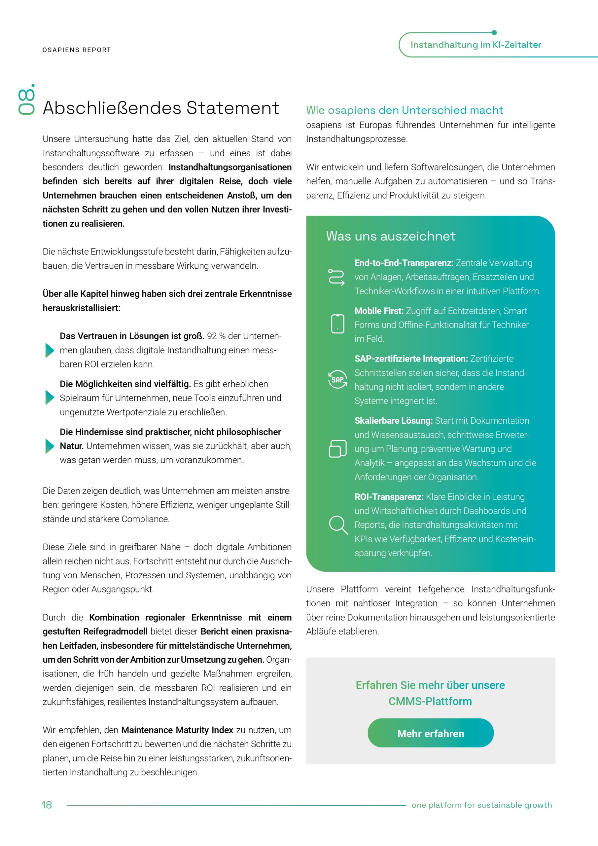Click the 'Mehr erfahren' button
(431, 733)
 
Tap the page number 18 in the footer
(47, 805)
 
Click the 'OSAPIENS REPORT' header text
(77, 50)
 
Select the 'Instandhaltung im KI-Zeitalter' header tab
(475, 45)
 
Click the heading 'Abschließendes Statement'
(161, 108)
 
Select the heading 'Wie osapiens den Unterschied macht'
(404, 110)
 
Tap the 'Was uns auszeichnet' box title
(391, 236)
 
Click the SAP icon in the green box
(337, 379)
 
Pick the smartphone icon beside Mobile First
(337, 324)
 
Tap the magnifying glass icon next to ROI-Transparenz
(338, 525)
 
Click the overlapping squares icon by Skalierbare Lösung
(337, 448)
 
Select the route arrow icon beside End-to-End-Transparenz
(336, 277)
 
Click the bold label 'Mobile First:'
(379, 311)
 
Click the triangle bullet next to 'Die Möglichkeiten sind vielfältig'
(49, 398)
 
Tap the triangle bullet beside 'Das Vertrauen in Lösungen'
(49, 350)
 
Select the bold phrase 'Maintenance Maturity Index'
(177, 730)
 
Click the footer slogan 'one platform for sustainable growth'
(482, 805)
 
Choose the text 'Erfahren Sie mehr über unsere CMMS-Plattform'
(430, 693)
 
